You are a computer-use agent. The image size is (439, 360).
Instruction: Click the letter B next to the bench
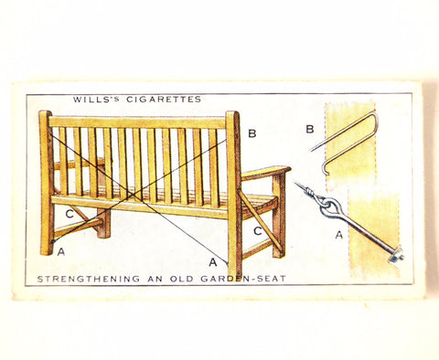pyautogui.click(x=252, y=133)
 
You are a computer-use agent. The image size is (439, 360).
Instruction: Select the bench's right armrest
pyautogui.click(x=265, y=171)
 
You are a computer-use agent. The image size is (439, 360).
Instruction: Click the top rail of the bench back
pyautogui.click(x=137, y=122)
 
